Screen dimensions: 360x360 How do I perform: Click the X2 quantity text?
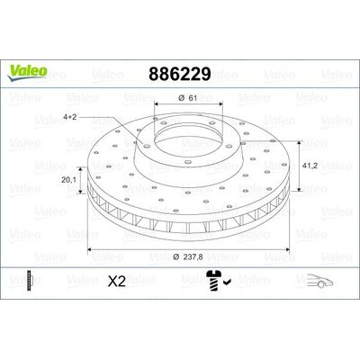click(116, 281)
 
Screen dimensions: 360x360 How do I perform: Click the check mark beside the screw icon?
click(229, 283)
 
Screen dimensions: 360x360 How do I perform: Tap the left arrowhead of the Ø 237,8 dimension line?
click(90, 247)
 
